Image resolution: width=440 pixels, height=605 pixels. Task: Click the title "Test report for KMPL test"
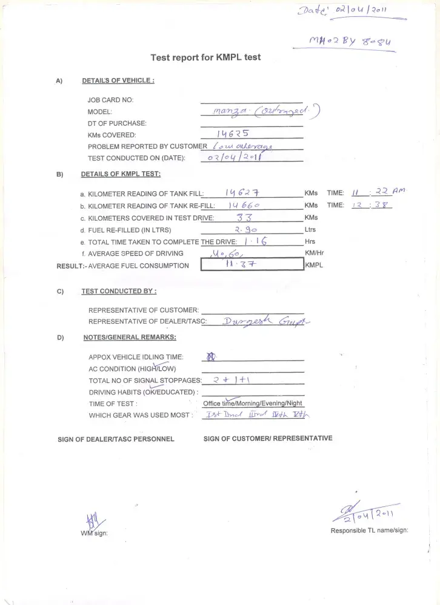coord(205,57)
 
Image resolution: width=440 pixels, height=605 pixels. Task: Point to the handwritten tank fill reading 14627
coord(243,192)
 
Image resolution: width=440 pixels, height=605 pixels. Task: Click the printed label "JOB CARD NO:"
coord(111,100)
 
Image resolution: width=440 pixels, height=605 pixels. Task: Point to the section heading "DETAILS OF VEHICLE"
coord(118,80)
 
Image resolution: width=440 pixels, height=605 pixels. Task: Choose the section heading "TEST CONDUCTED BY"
coord(119,291)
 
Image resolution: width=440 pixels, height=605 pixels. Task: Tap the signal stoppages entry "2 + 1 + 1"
coord(228,380)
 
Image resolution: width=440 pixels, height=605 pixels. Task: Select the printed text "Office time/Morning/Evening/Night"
coord(253,404)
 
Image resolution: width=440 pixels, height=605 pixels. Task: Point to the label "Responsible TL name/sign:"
coord(369,531)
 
